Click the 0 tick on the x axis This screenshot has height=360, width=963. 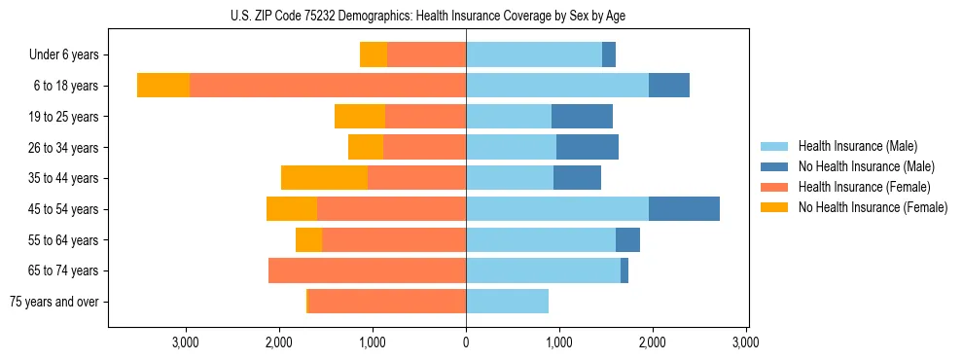tap(466, 342)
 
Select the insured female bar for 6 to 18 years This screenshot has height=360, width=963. tap(328, 86)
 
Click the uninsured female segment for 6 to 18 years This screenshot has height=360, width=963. tap(163, 86)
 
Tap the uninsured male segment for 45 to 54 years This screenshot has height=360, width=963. tap(684, 209)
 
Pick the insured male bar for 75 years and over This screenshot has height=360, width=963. tap(507, 302)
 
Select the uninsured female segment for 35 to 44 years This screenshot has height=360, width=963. tap(324, 178)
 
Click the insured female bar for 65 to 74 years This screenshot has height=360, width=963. tap(367, 270)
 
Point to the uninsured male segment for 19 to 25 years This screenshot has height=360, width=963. tap(582, 117)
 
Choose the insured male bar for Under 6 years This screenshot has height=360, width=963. tap(534, 55)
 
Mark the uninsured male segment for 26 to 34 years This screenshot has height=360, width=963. tap(588, 148)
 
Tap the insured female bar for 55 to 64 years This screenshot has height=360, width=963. tap(394, 240)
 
